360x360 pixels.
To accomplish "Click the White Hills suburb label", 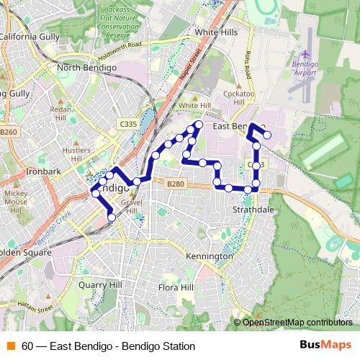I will coord(216,33).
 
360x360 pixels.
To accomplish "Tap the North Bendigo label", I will coord(86,68).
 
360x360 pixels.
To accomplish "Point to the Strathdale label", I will coord(253,210).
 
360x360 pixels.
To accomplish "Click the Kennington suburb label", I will coord(209,256).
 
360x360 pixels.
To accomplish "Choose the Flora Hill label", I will coord(176,288).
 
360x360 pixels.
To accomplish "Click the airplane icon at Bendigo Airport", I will coord(305,55).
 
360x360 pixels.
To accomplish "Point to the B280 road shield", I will coord(175,184).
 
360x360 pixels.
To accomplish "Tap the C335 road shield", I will coord(129,124).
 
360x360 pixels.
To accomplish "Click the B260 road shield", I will coord(9,132).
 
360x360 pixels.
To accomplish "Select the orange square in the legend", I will coord(10,346).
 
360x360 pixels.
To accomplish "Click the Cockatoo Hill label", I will coord(239,97).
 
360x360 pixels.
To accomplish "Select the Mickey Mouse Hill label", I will coord(16,202).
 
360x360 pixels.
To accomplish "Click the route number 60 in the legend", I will coord(27,346).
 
